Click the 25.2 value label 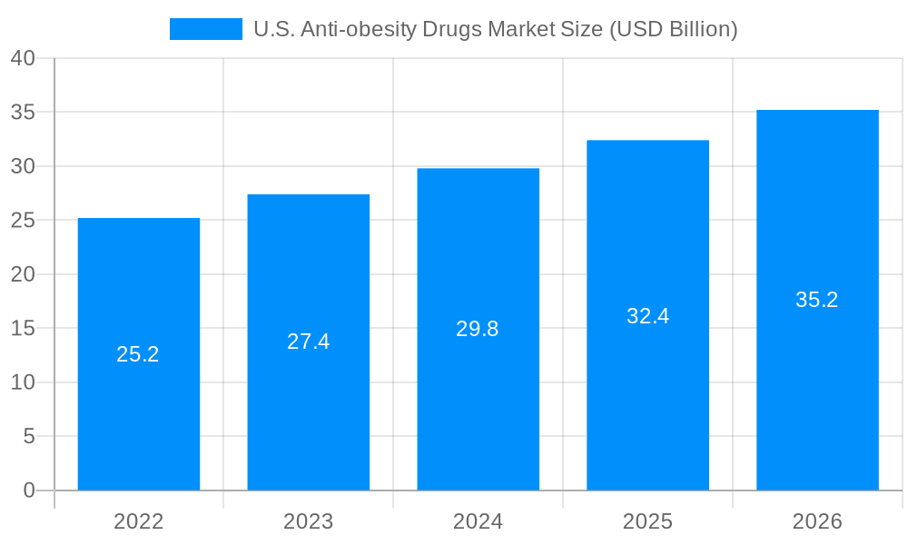pos(138,354)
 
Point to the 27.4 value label pos(308,342)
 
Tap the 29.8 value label pos(478,329)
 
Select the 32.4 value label pos(647,316)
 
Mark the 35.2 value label pos(817,300)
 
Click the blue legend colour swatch pos(206,29)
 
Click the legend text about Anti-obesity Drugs pos(495,29)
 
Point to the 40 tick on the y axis pos(23,58)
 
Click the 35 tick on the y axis pos(23,113)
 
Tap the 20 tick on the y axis pos(23,274)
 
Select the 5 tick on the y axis pos(29,437)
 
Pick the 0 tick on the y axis pos(29,490)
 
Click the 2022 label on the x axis pos(138,521)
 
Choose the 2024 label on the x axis pos(478,521)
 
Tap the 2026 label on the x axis pos(817,521)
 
